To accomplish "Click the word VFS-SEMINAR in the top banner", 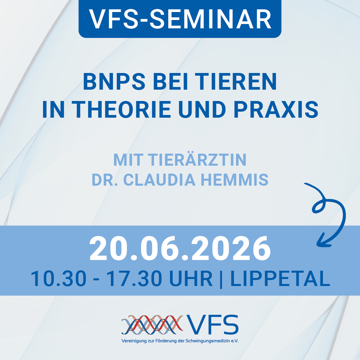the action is click(x=180, y=19).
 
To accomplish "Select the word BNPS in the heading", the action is click(x=114, y=82).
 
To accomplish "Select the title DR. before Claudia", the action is click(x=105, y=180).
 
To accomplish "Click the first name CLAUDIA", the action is click(x=160, y=180).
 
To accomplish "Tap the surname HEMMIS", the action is click(x=235, y=180).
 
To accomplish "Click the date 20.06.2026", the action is click(x=180, y=249).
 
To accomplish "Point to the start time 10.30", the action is click(x=58, y=278).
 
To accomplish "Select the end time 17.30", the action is click(x=134, y=278).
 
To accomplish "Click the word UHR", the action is click(x=191, y=278).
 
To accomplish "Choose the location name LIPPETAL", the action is click(x=280, y=278).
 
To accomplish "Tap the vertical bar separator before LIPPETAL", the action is click(x=221, y=279).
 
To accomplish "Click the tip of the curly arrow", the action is click(x=317, y=245).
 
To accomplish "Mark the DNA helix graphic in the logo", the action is click(x=152, y=325).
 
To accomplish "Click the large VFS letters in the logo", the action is click(x=212, y=325).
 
